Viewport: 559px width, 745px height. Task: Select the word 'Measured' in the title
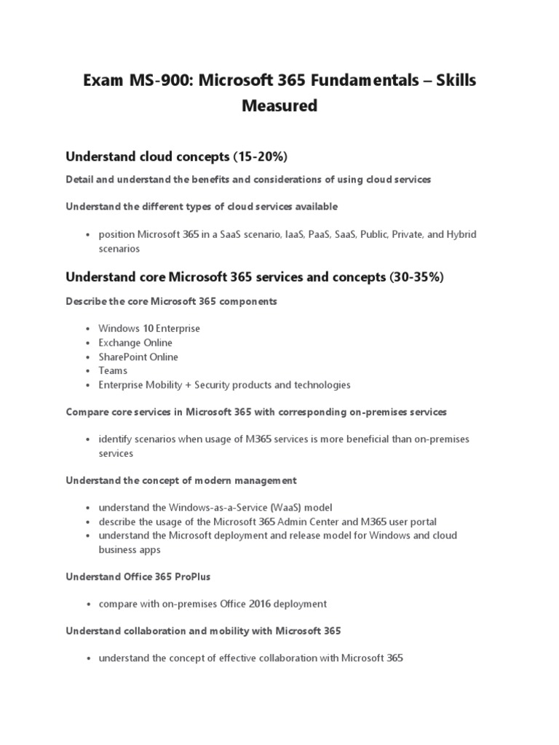click(x=279, y=106)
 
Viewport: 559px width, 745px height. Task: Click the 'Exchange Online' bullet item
click(x=135, y=343)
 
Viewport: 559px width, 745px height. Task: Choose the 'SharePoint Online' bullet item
click(x=138, y=356)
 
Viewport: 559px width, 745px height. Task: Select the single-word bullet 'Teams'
click(x=113, y=370)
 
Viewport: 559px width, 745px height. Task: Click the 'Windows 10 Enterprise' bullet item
click(x=149, y=329)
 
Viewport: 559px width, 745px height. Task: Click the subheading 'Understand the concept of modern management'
click(x=181, y=480)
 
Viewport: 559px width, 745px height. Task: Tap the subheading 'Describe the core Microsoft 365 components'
click(x=171, y=301)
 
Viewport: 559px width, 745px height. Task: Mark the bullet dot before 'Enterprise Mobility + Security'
click(x=87, y=385)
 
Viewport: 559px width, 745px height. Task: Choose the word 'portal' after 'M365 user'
click(x=422, y=522)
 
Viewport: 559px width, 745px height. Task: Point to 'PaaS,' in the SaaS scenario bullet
click(x=314, y=234)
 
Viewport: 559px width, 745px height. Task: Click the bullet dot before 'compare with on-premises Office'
click(x=87, y=604)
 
